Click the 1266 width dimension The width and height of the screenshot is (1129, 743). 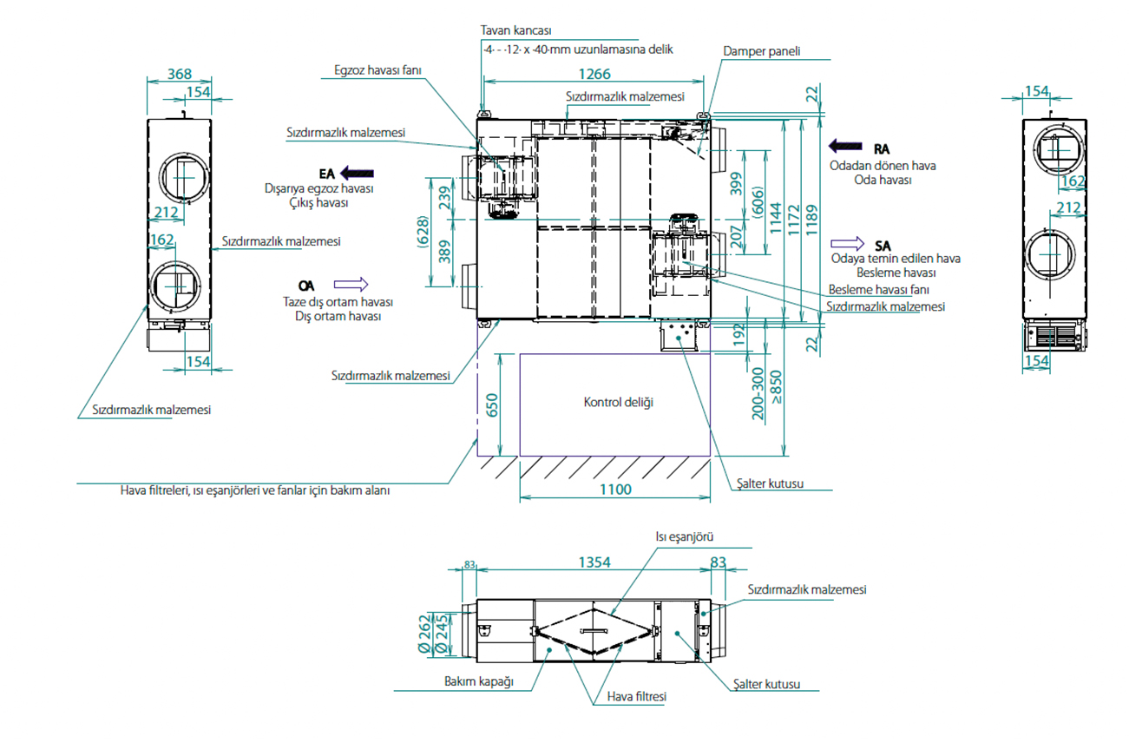(594, 74)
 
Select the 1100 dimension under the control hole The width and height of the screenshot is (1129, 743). (615, 490)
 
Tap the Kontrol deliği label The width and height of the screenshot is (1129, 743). (619, 402)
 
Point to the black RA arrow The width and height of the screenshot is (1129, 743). (845, 146)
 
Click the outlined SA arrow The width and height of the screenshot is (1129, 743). (847, 244)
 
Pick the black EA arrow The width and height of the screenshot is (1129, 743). (357, 174)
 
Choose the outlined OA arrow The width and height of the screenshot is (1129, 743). (351, 285)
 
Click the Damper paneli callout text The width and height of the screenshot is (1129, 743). (762, 51)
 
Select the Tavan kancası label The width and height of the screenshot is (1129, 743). (515, 30)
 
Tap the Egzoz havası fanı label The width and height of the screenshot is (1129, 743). (377, 70)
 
